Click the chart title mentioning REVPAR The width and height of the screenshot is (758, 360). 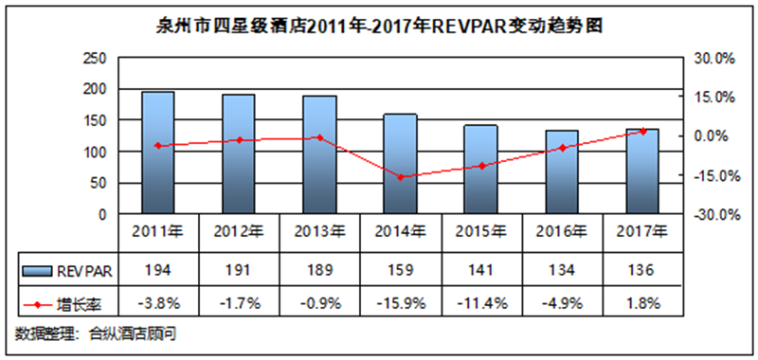378,27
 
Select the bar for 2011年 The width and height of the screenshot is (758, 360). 158,153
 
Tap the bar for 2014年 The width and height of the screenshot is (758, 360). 400,164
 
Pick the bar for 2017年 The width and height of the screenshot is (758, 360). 642,171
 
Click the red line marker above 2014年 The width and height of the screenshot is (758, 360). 400,177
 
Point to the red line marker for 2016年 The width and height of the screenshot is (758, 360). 562,148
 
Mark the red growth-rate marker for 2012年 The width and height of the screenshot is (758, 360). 239,140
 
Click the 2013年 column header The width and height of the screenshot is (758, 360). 319,232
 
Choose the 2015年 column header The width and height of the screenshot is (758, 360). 481,232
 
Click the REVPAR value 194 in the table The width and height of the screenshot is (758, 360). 158,271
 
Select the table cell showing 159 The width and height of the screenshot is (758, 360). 400,271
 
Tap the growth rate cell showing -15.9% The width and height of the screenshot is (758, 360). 400,303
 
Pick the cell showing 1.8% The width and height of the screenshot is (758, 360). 643,303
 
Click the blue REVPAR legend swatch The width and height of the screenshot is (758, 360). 37,272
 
